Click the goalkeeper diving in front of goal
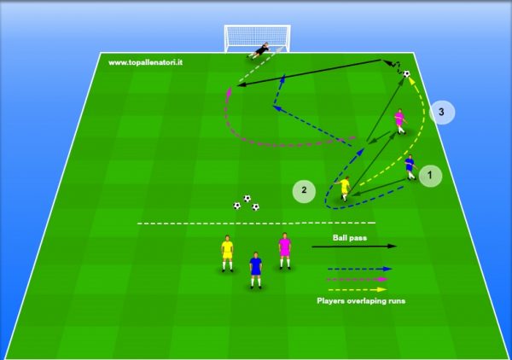pos(259,50)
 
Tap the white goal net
pos(258,38)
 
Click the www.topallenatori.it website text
pos(146,62)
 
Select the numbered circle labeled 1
pos(430,175)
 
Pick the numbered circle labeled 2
pos(304,190)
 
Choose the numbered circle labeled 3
pos(442,113)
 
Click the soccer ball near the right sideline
pos(406,74)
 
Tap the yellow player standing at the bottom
pos(227,253)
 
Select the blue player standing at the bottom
pos(256,270)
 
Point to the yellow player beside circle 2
pos(344,189)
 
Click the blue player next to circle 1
pos(410,167)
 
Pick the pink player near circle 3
pos(400,121)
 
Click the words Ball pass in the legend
pos(350,238)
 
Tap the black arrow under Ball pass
pos(354,247)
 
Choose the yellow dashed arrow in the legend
pos(357,289)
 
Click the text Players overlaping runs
pos(361,301)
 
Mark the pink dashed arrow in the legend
pos(358,279)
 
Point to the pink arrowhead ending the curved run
pos(230,91)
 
